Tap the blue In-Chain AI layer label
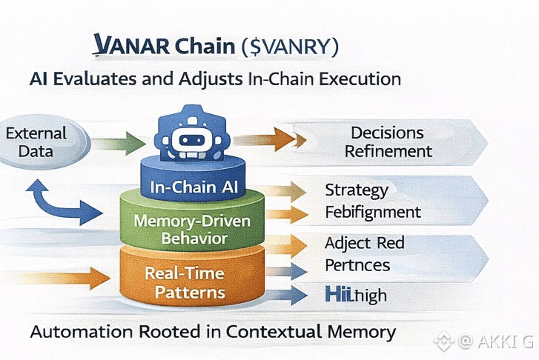[x=193, y=186]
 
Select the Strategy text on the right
[x=357, y=190]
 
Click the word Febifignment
[x=373, y=213]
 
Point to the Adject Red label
[x=364, y=243]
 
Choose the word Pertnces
[x=357, y=265]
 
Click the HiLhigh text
[x=356, y=296]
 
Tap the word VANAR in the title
[x=132, y=46]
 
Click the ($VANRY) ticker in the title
[x=290, y=47]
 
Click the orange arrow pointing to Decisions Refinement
[x=268, y=139]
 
